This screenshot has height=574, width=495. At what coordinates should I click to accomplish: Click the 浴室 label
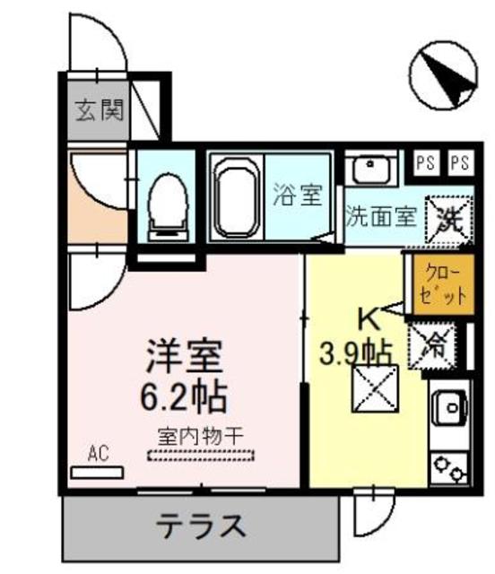(x=298, y=195)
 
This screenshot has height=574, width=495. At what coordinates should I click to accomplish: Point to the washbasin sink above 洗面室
(x=368, y=169)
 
